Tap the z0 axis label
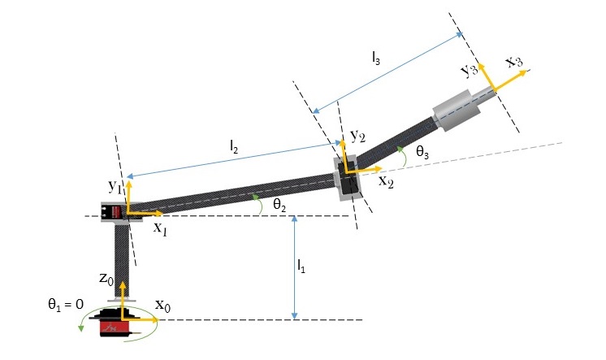point(106,279)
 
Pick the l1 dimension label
point(301,265)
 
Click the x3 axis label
point(513,62)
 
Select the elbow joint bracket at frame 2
point(348,176)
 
